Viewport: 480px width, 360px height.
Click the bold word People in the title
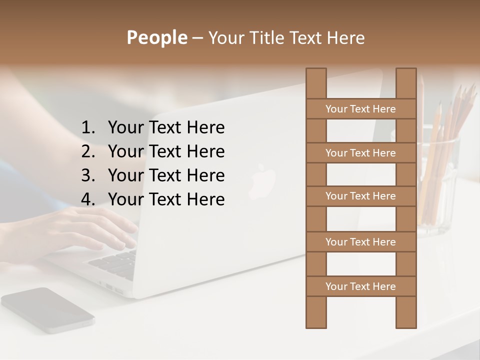156,37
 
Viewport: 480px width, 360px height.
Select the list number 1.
88,127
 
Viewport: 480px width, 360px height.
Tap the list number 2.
88,151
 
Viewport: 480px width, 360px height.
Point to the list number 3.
88,175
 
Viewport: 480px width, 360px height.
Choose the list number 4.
88,199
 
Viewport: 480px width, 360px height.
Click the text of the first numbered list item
166,127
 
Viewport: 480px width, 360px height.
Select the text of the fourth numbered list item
166,199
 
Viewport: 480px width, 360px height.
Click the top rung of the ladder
360,108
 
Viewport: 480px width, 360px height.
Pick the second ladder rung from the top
360,152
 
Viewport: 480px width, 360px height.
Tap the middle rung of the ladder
360,196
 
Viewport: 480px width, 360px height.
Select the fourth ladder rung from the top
360,241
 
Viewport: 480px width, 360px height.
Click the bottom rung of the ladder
360,286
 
